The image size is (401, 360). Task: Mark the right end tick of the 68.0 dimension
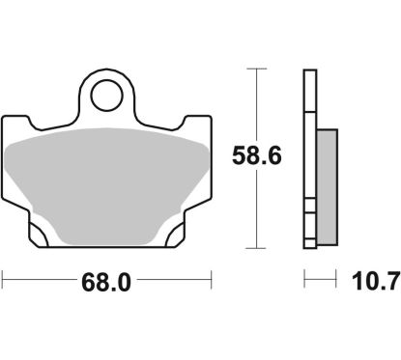(210, 281)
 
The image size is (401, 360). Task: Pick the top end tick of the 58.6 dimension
(255, 69)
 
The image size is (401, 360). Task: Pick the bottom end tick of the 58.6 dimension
(255, 247)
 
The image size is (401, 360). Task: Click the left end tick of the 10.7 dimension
(305, 281)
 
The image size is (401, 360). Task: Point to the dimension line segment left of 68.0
(39, 281)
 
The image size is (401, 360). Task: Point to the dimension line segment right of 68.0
(174, 281)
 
